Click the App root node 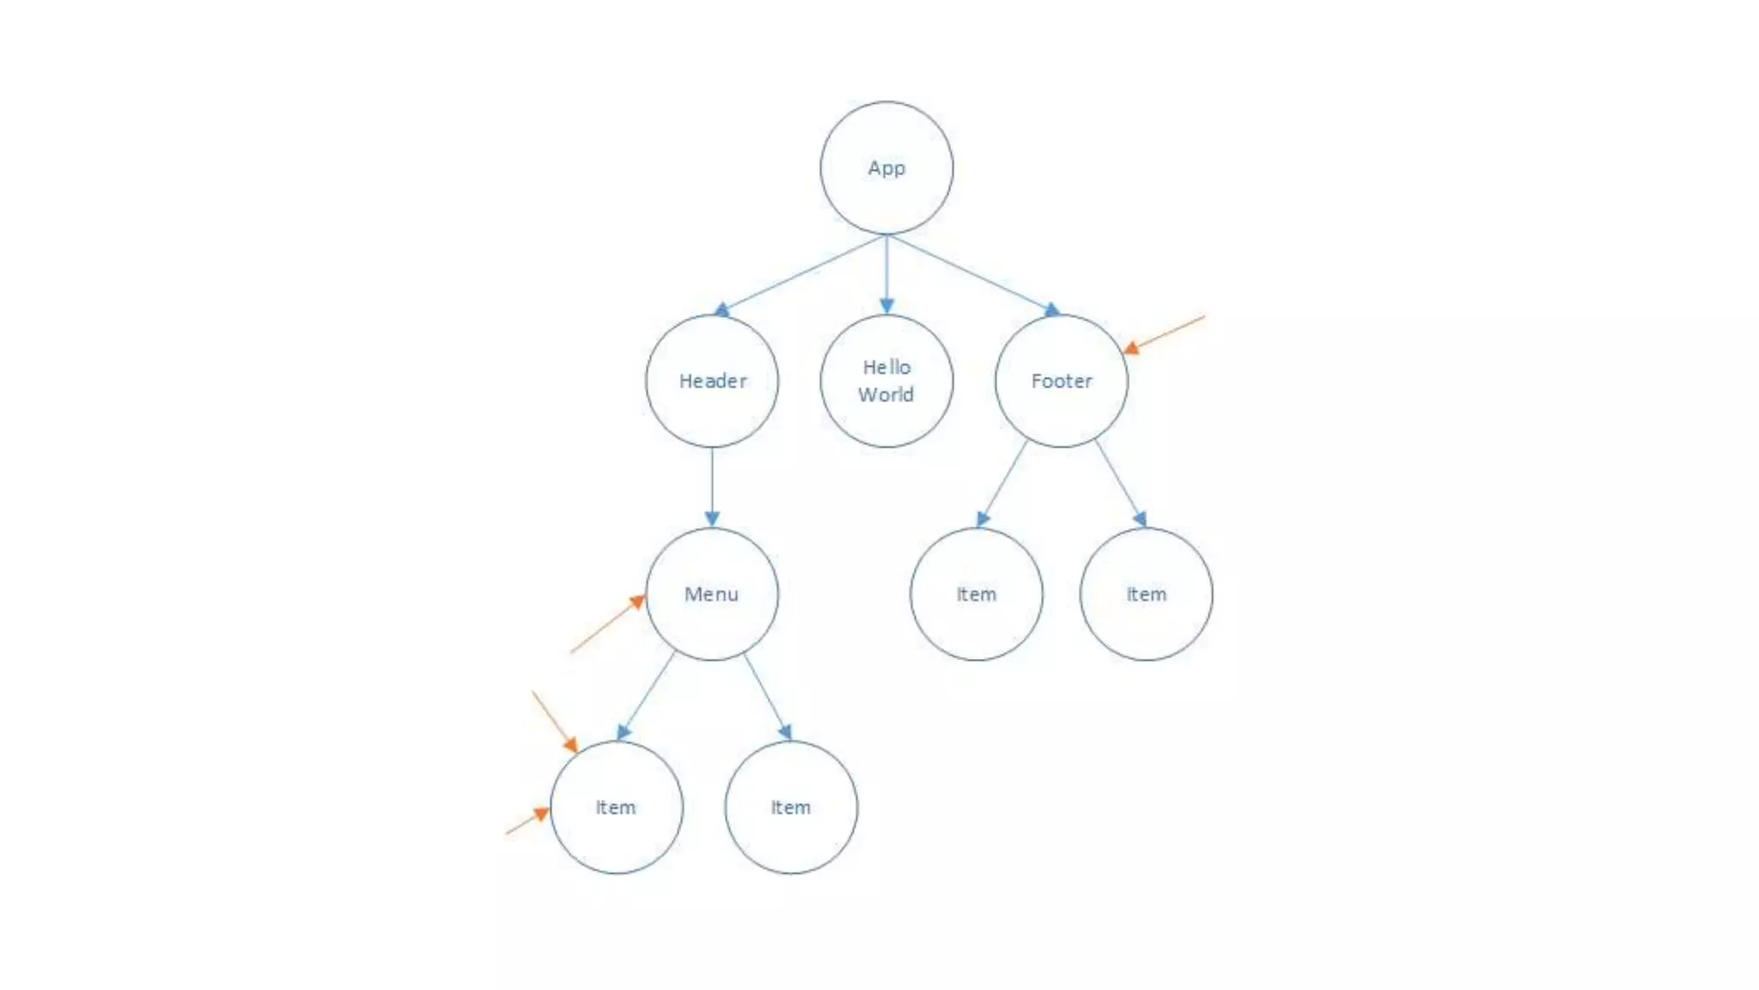point(886,168)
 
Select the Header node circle point(712,381)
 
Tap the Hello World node point(886,381)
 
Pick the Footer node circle point(1062,381)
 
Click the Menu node point(712,594)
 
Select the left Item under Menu point(616,807)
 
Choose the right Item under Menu point(791,807)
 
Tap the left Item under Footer point(977,594)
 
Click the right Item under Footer point(1147,594)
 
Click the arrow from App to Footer point(973,274)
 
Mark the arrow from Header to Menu point(712,486)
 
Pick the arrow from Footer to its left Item point(1002,483)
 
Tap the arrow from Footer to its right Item point(1121,483)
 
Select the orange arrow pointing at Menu point(607,625)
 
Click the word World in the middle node point(886,395)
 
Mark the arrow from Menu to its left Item point(646,697)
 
